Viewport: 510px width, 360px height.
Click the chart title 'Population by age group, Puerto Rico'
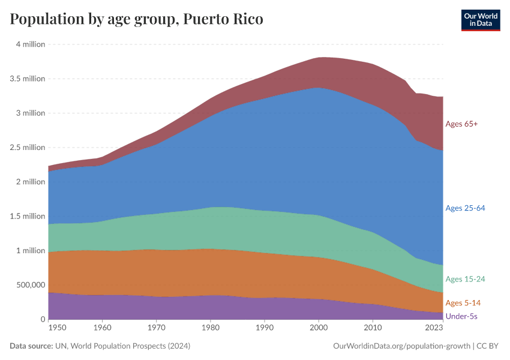(x=137, y=19)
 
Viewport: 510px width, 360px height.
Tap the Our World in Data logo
(x=480, y=20)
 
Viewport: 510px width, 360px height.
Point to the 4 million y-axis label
(x=28, y=44)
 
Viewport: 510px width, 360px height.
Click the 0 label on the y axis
(x=42, y=319)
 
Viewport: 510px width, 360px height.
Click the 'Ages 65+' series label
(x=461, y=124)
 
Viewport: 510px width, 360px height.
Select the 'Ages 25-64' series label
(x=465, y=208)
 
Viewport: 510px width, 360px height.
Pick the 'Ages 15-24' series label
(x=465, y=279)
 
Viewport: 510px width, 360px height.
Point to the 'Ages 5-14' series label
(x=463, y=303)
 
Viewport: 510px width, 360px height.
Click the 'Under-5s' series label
(x=461, y=316)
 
